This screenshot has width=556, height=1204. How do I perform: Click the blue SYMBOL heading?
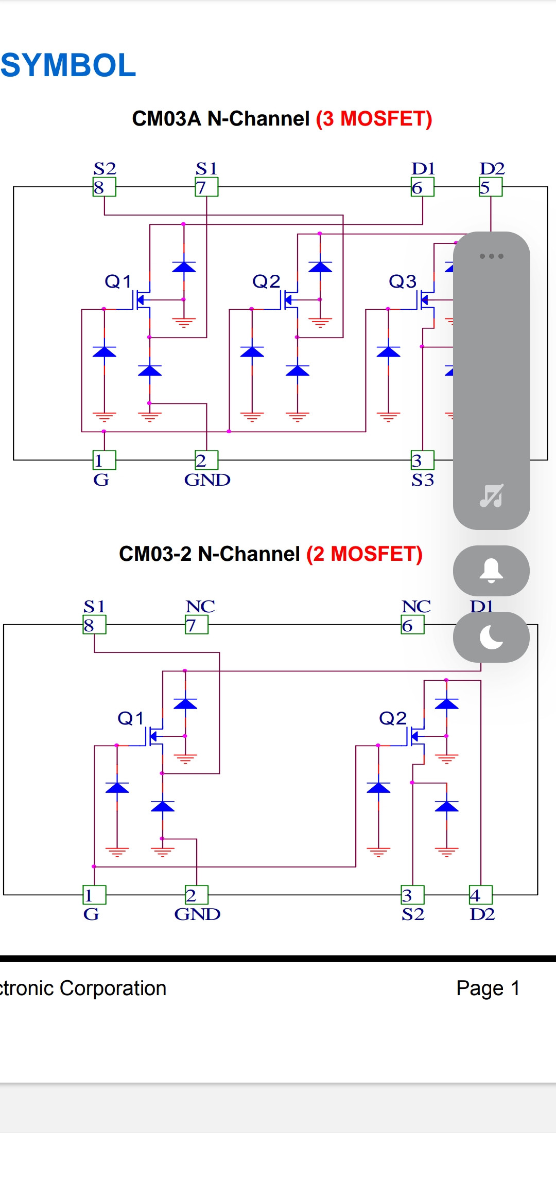68,65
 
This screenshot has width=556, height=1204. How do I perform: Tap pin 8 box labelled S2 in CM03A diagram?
105,187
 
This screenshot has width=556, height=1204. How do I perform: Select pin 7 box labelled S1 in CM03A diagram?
206,187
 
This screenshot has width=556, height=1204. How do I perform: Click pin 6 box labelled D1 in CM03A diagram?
423,187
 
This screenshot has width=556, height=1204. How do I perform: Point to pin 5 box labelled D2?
491,187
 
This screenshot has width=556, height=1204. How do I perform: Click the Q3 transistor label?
402,281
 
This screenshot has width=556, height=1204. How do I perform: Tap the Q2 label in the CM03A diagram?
266,281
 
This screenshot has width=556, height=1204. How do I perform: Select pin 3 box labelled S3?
423,460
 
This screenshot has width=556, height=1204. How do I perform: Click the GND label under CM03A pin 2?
207,480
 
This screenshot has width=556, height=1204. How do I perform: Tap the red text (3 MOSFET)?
374,119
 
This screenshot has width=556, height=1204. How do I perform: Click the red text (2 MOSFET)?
364,554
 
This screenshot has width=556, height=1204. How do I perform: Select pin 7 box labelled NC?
197,625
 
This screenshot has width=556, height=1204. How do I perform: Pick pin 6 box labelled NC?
413,625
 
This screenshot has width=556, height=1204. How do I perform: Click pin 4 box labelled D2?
481,895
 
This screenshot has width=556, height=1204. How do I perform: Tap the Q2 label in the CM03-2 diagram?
393,718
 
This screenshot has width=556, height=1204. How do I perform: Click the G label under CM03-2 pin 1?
91,914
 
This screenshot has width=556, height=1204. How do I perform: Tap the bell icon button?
491,571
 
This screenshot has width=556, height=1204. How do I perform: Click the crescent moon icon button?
491,638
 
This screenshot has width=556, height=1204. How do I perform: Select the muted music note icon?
491,495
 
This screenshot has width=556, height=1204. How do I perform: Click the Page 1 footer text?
488,988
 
